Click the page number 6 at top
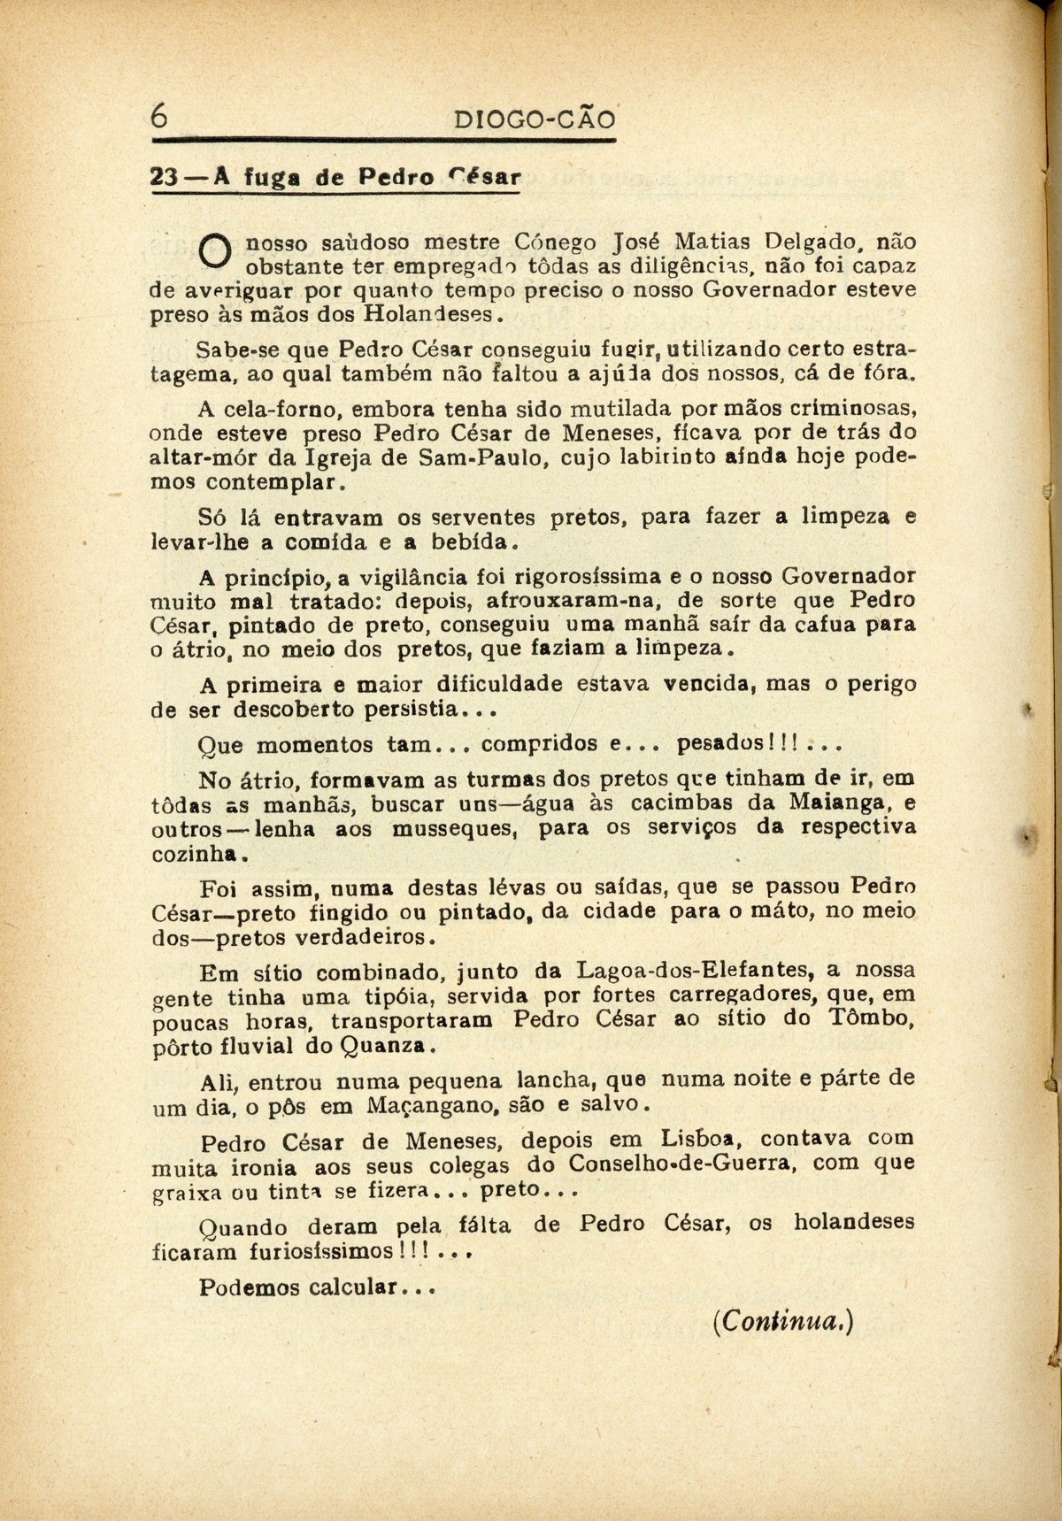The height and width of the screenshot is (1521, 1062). point(158,116)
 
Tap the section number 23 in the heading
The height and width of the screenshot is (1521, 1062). point(165,176)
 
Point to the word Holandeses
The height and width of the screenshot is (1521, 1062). point(427,314)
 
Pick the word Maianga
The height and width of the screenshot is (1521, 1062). point(842,803)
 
